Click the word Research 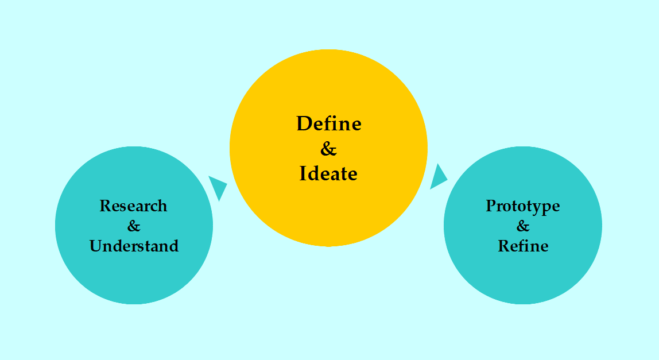(x=133, y=206)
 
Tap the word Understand (x=134, y=246)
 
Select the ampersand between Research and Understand (x=134, y=226)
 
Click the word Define (x=329, y=123)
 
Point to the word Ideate (x=328, y=173)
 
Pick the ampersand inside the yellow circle (x=328, y=149)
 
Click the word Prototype (x=522, y=206)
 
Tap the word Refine (x=523, y=246)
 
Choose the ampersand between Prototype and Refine (x=523, y=226)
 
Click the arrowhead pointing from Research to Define (x=218, y=186)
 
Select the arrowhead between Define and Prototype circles (x=438, y=177)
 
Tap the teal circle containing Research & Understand (x=134, y=276)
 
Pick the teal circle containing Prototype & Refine (x=523, y=276)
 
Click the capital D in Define (x=304, y=123)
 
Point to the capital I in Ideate (x=303, y=173)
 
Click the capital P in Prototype (x=491, y=206)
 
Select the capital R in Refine (x=503, y=246)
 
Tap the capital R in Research (x=105, y=206)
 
